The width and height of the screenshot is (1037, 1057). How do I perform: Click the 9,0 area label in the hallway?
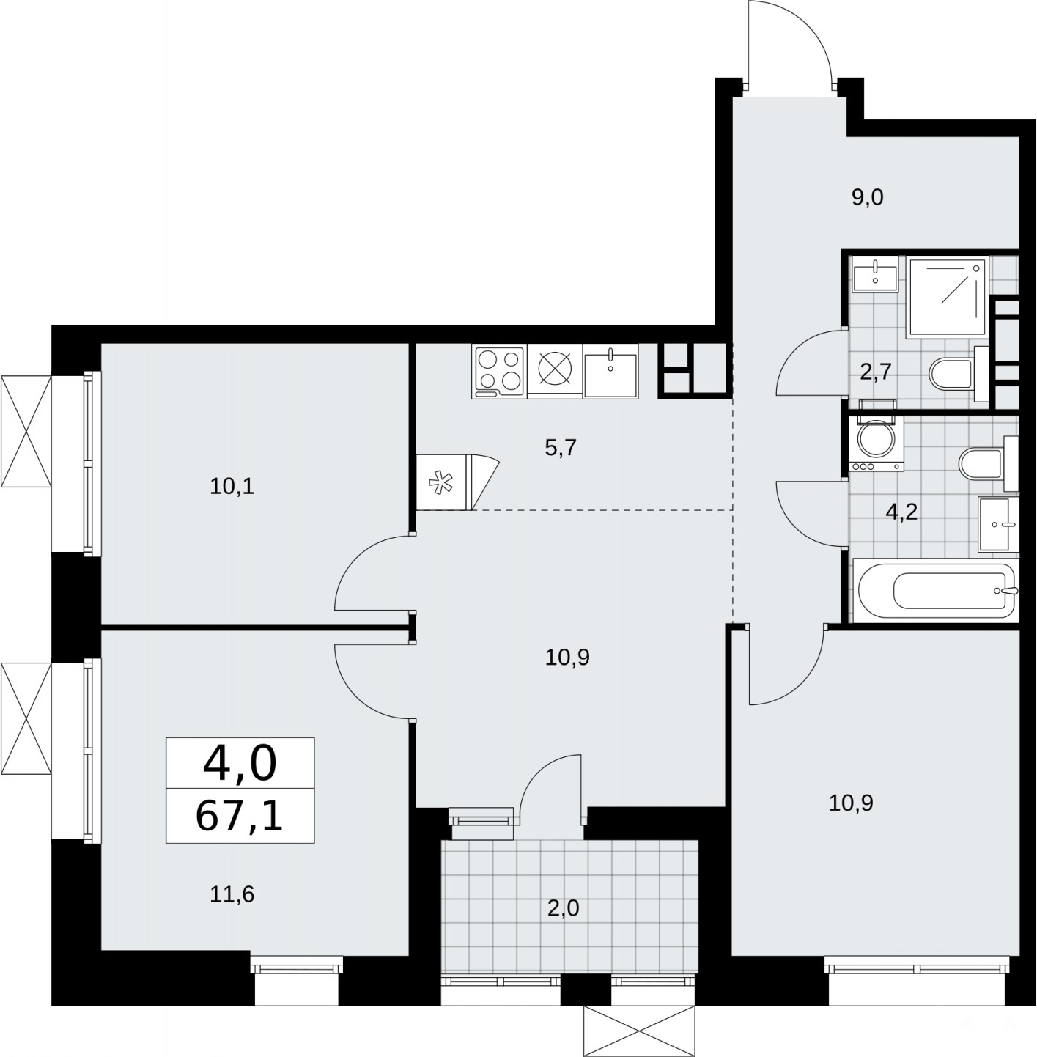coord(868,197)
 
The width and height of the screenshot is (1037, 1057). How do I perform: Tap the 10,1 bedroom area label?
coord(232,487)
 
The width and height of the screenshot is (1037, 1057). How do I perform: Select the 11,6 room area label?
coord(232,894)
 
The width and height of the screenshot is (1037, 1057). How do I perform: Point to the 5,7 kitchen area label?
coord(561,448)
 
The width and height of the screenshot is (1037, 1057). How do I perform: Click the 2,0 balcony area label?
coord(564,909)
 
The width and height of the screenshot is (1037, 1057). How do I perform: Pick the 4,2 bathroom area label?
coord(902,512)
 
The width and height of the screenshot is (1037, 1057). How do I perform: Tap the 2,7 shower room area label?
coord(875,372)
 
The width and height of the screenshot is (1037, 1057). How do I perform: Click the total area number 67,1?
coord(239,817)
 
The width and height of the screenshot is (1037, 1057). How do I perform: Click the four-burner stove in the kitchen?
coord(498,371)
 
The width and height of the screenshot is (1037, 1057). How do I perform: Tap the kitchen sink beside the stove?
coord(610,371)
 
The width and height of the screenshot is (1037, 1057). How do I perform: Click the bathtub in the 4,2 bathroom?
coord(935,592)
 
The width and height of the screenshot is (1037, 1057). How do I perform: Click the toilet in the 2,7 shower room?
coord(959,374)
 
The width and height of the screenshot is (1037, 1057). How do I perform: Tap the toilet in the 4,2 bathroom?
coord(989,463)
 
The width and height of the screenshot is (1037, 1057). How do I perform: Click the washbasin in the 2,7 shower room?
coord(876,275)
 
